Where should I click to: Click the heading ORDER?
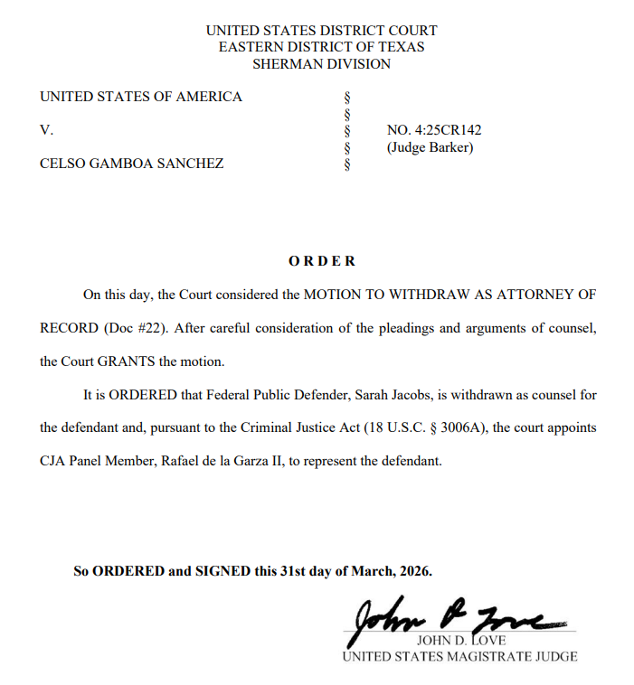click(322, 261)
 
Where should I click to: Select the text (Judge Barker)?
click(430, 147)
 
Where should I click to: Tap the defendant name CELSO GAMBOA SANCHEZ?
click(132, 164)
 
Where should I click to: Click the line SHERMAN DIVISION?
click(321, 64)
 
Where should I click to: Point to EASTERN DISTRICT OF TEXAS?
click(321, 47)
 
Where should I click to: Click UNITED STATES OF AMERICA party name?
click(141, 97)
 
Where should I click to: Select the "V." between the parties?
click(46, 130)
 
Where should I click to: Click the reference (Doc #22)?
click(133, 328)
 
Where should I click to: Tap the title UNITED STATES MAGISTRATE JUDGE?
click(459, 657)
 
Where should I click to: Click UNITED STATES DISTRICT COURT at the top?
click(321, 30)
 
